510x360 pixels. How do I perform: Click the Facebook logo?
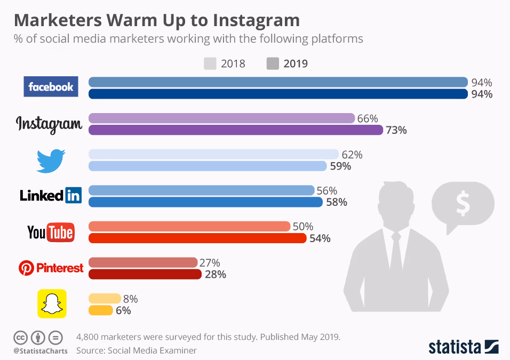point(51,87)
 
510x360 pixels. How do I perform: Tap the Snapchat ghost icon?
point(51,303)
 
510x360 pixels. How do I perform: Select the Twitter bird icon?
point(51,160)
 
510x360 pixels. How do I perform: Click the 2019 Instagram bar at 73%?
point(235,130)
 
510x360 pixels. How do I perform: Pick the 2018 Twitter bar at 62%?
point(213,154)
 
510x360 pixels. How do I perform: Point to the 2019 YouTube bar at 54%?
point(197,238)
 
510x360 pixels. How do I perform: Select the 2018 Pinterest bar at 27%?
point(143,262)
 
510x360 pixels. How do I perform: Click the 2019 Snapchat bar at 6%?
point(100,310)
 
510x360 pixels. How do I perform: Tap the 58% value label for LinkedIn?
point(337,202)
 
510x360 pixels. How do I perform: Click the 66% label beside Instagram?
point(368,118)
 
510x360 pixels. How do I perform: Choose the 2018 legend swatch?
point(210,64)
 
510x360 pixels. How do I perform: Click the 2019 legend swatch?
point(273,64)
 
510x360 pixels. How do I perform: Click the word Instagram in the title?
point(256,20)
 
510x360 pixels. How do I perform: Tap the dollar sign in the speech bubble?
point(462,204)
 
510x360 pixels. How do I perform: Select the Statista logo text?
point(454,347)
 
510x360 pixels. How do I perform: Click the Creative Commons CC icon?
point(21,338)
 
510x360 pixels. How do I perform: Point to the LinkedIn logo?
point(51,195)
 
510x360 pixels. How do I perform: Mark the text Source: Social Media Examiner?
point(137,350)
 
